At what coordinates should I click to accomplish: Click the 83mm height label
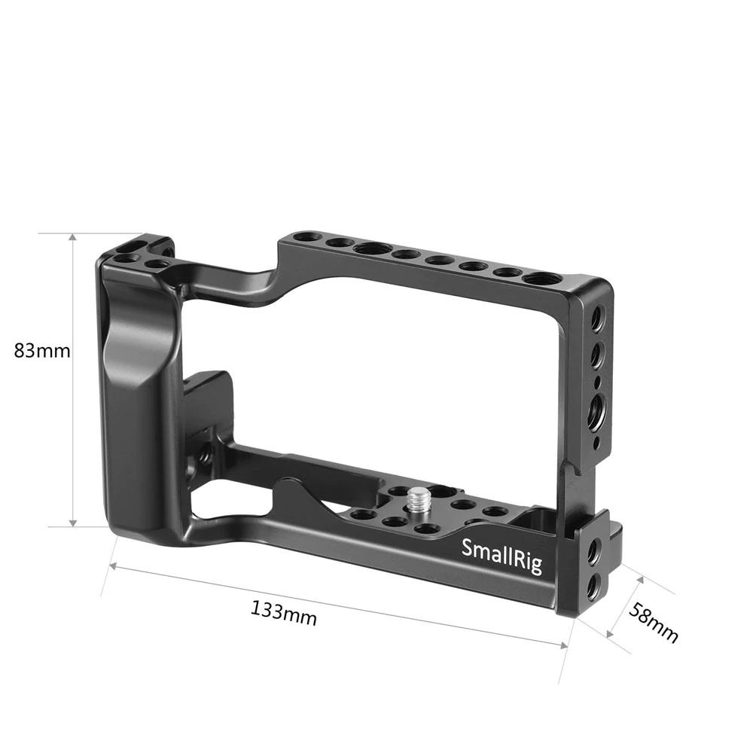coord(42,350)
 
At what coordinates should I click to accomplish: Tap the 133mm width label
coord(284,613)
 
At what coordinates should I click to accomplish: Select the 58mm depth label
coord(653,623)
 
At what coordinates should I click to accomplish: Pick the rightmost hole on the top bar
coord(541,279)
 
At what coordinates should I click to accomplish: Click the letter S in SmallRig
coord(465,547)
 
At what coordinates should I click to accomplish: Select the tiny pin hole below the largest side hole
coord(596,444)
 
